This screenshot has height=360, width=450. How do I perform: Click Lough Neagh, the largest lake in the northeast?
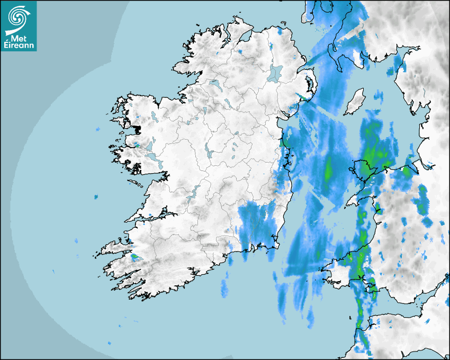point(275,73)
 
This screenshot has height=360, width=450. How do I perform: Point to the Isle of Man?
point(354,102)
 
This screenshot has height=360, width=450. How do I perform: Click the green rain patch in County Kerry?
point(136,258)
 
